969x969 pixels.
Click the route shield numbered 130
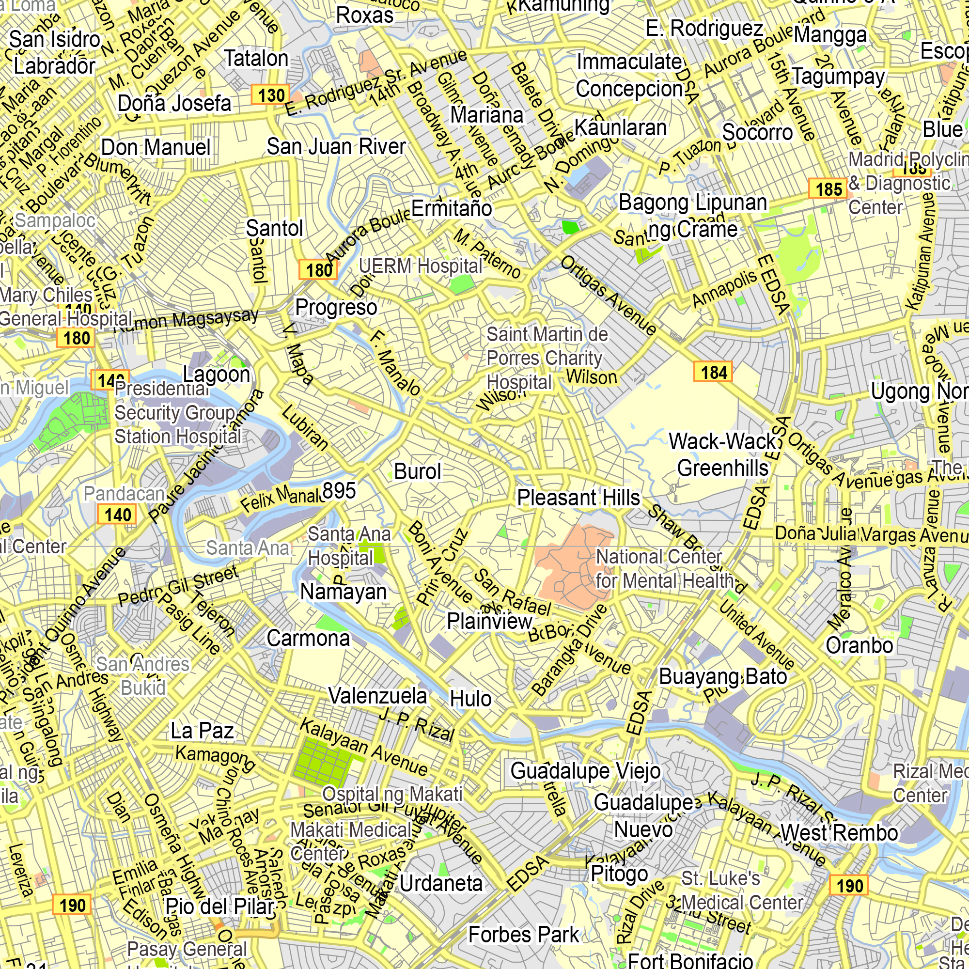[x=271, y=95]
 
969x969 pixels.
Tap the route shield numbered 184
[x=713, y=372]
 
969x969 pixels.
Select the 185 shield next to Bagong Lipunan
[x=828, y=189]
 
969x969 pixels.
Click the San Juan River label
[x=336, y=146]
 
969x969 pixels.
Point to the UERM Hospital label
[x=420, y=266]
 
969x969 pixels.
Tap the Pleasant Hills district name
[x=578, y=498]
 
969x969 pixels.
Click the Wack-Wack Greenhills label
[x=723, y=454]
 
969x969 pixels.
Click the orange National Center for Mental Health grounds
[x=567, y=572]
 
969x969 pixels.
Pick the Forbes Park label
[x=523, y=935]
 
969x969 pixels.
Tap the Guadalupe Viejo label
[x=585, y=770]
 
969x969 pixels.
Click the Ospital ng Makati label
[x=392, y=794]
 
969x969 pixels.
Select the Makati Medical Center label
[x=350, y=841]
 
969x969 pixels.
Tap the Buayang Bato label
[x=722, y=676]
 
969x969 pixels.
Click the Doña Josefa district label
[x=174, y=103]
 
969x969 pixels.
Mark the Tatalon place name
[x=256, y=58]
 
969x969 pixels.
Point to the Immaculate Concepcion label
[x=629, y=75]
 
